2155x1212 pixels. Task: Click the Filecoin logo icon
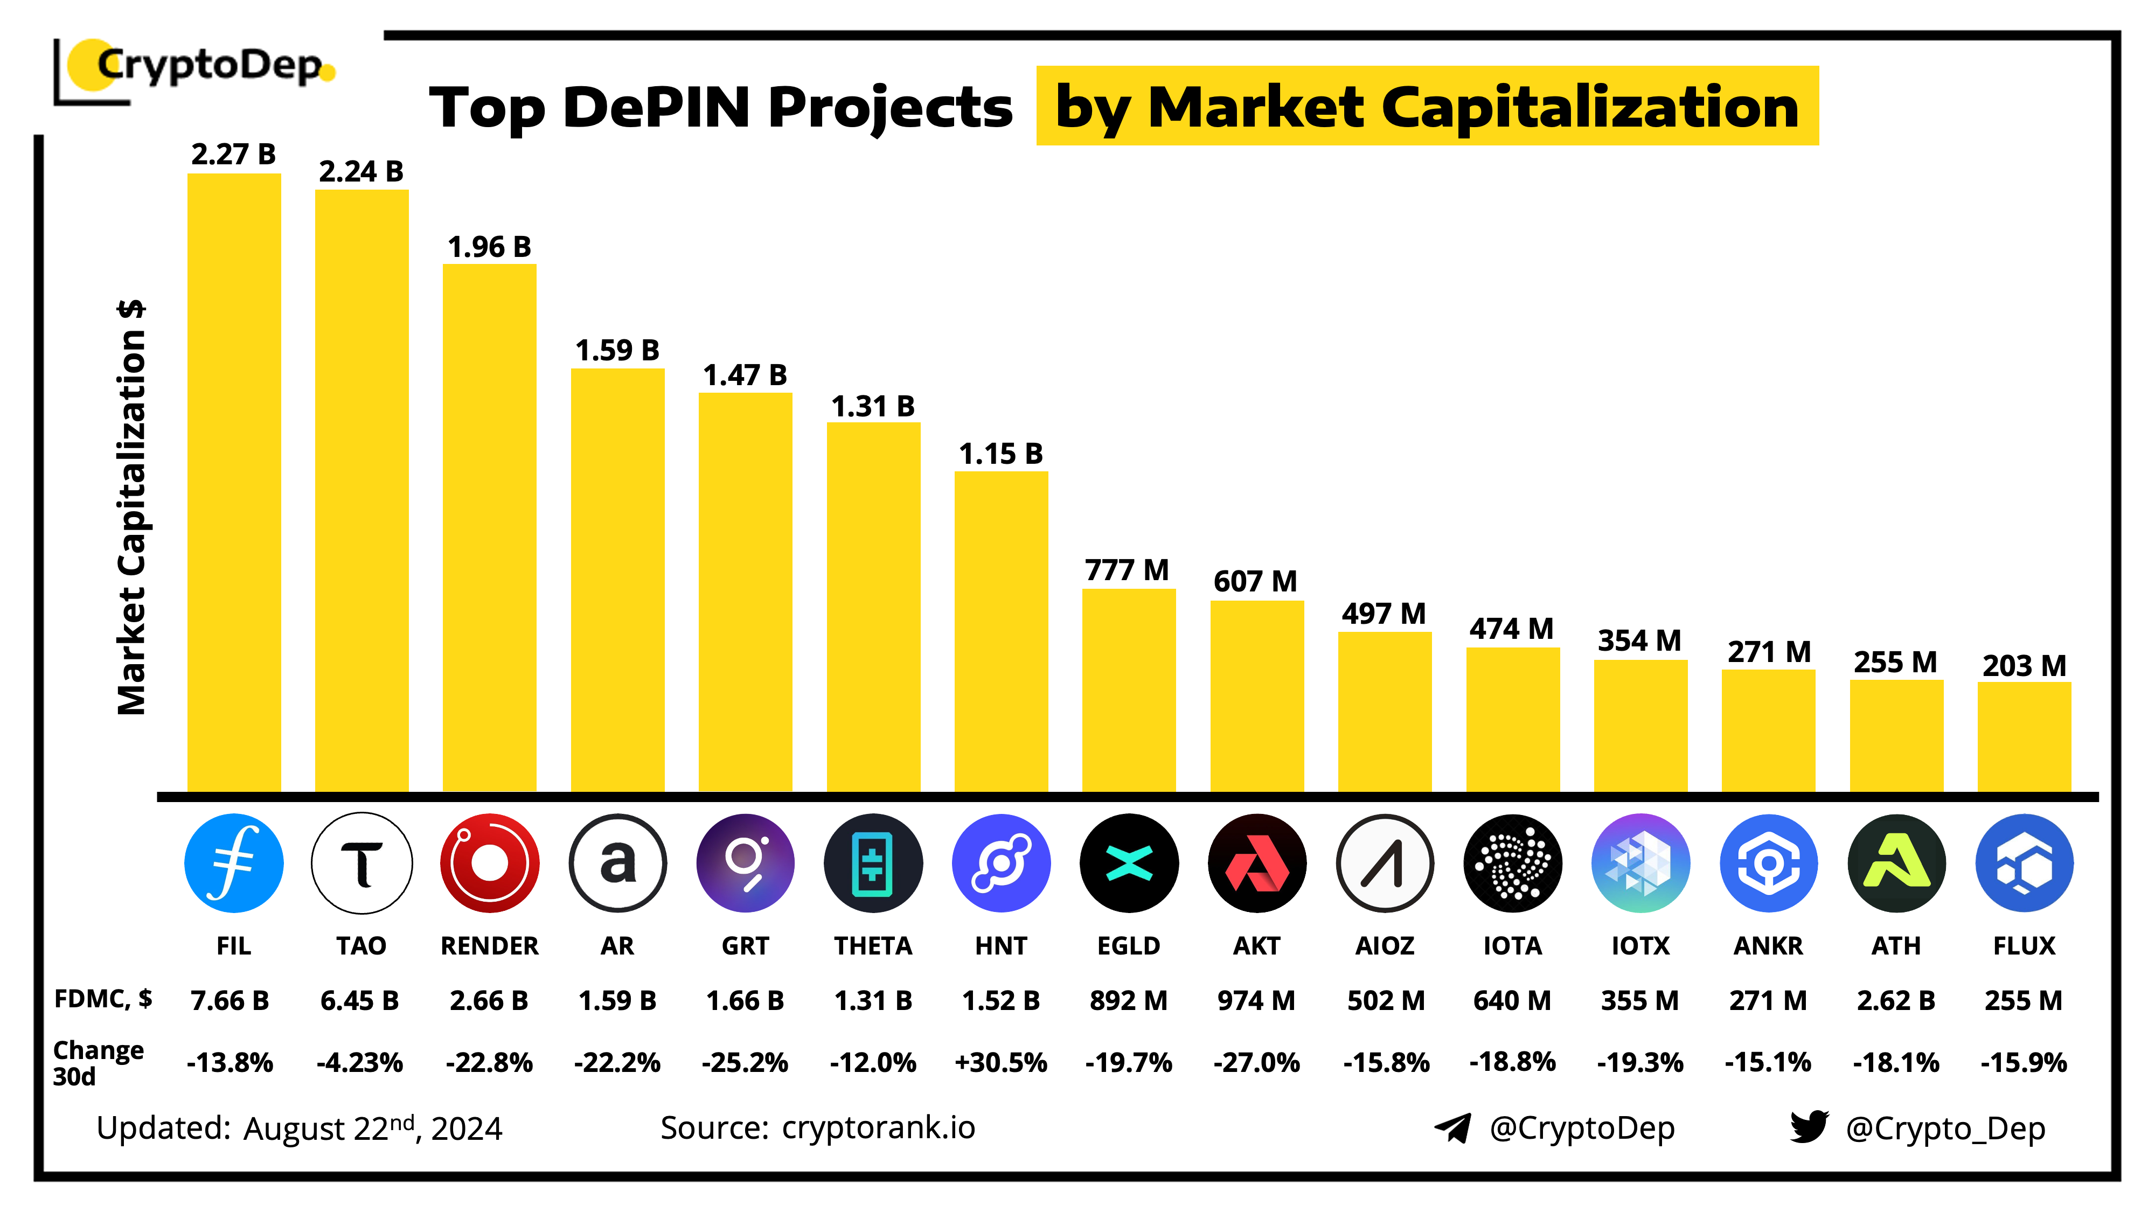pyautogui.click(x=233, y=863)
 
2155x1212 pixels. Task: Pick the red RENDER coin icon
pyautogui.click(x=489, y=863)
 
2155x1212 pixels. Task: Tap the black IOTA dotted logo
pyautogui.click(x=1512, y=863)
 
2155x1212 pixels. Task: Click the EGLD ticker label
pyautogui.click(x=1129, y=946)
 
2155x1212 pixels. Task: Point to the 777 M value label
pyautogui.click(x=1127, y=570)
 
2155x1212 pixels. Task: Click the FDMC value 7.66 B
pyautogui.click(x=230, y=1000)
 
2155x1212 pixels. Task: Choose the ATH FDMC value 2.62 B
pyautogui.click(x=1896, y=1000)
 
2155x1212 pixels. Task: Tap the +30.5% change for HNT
pyautogui.click(x=1000, y=1062)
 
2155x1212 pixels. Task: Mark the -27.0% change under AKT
pyautogui.click(x=1256, y=1062)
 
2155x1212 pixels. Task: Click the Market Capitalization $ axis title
pyautogui.click(x=132, y=508)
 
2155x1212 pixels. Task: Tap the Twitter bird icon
pyautogui.click(x=1809, y=1127)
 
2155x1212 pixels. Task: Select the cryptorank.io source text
pyautogui.click(x=878, y=1127)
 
